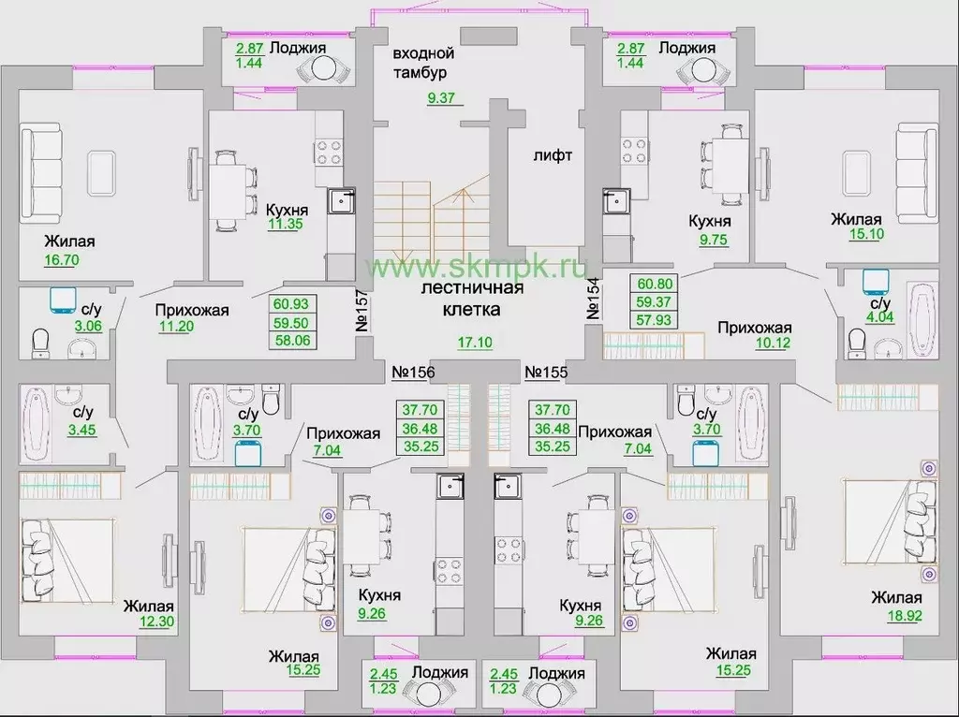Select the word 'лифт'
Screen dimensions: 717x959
(x=553, y=156)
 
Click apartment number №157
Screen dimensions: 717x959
(x=361, y=310)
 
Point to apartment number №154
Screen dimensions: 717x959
(x=593, y=300)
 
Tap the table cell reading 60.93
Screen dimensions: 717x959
(x=294, y=304)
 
